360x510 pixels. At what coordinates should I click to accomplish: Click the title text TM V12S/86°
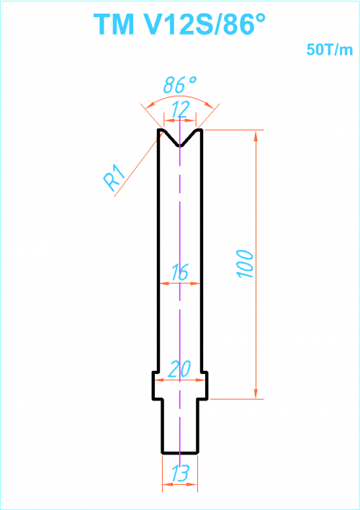point(180,24)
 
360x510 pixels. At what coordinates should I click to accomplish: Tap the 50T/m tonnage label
point(330,50)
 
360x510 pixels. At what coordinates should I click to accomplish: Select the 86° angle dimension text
point(180,84)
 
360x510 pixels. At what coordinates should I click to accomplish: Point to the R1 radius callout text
point(114,178)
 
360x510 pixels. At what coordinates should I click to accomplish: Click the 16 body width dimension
point(179,272)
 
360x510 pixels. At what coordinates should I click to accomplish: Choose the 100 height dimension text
point(246,264)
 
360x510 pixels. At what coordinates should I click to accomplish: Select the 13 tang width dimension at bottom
point(180,473)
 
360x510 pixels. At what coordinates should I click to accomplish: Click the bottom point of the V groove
point(180,146)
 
